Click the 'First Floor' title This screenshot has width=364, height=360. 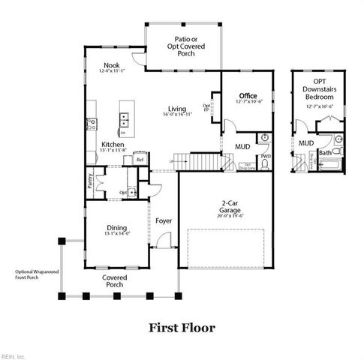tap(181, 327)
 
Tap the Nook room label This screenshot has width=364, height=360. tap(111, 65)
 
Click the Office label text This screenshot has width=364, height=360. tap(248, 97)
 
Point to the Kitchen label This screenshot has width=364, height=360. tap(113, 144)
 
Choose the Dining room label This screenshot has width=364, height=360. tap(116, 228)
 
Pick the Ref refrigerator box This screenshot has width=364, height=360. tap(140, 160)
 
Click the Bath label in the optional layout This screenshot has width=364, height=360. tap(325, 152)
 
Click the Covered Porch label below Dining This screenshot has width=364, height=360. tap(115, 280)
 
